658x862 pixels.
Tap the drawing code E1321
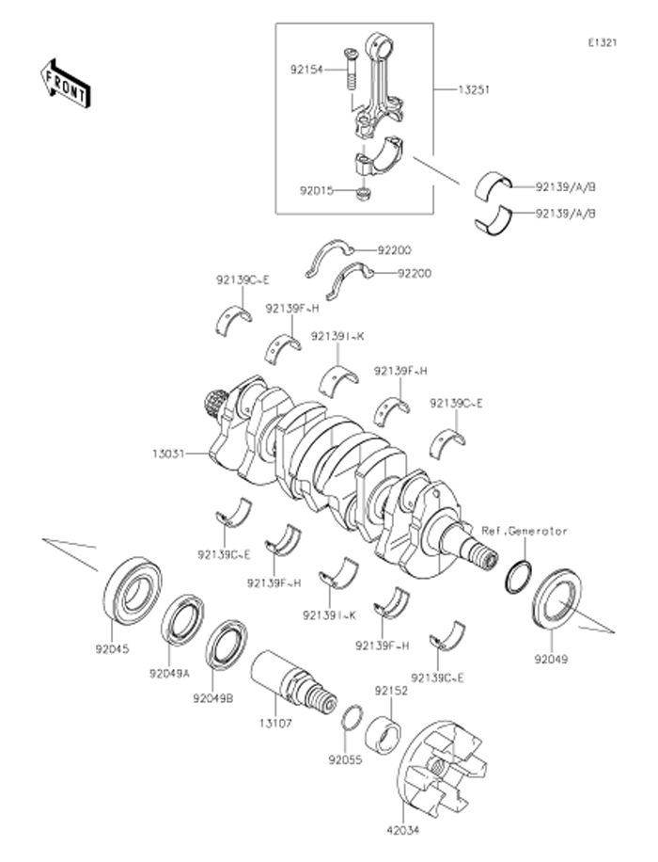tap(602, 43)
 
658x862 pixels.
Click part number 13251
tap(472, 90)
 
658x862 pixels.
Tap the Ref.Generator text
tap(524, 531)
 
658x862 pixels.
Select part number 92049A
tap(169, 673)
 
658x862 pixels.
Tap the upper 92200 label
tap(395, 251)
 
